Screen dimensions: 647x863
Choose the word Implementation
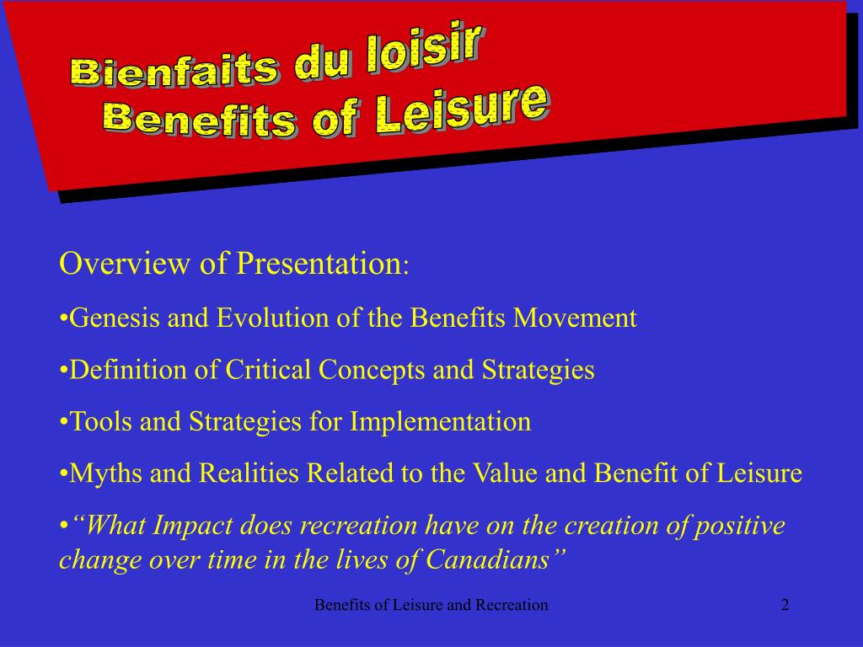pyautogui.click(x=441, y=422)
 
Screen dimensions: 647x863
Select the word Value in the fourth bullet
pyautogui.click(x=499, y=473)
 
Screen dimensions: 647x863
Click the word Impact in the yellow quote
pyautogui.click(x=196, y=527)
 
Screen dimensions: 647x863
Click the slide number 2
pyautogui.click(x=785, y=605)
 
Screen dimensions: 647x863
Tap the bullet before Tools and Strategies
pyautogui.click(x=64, y=422)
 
